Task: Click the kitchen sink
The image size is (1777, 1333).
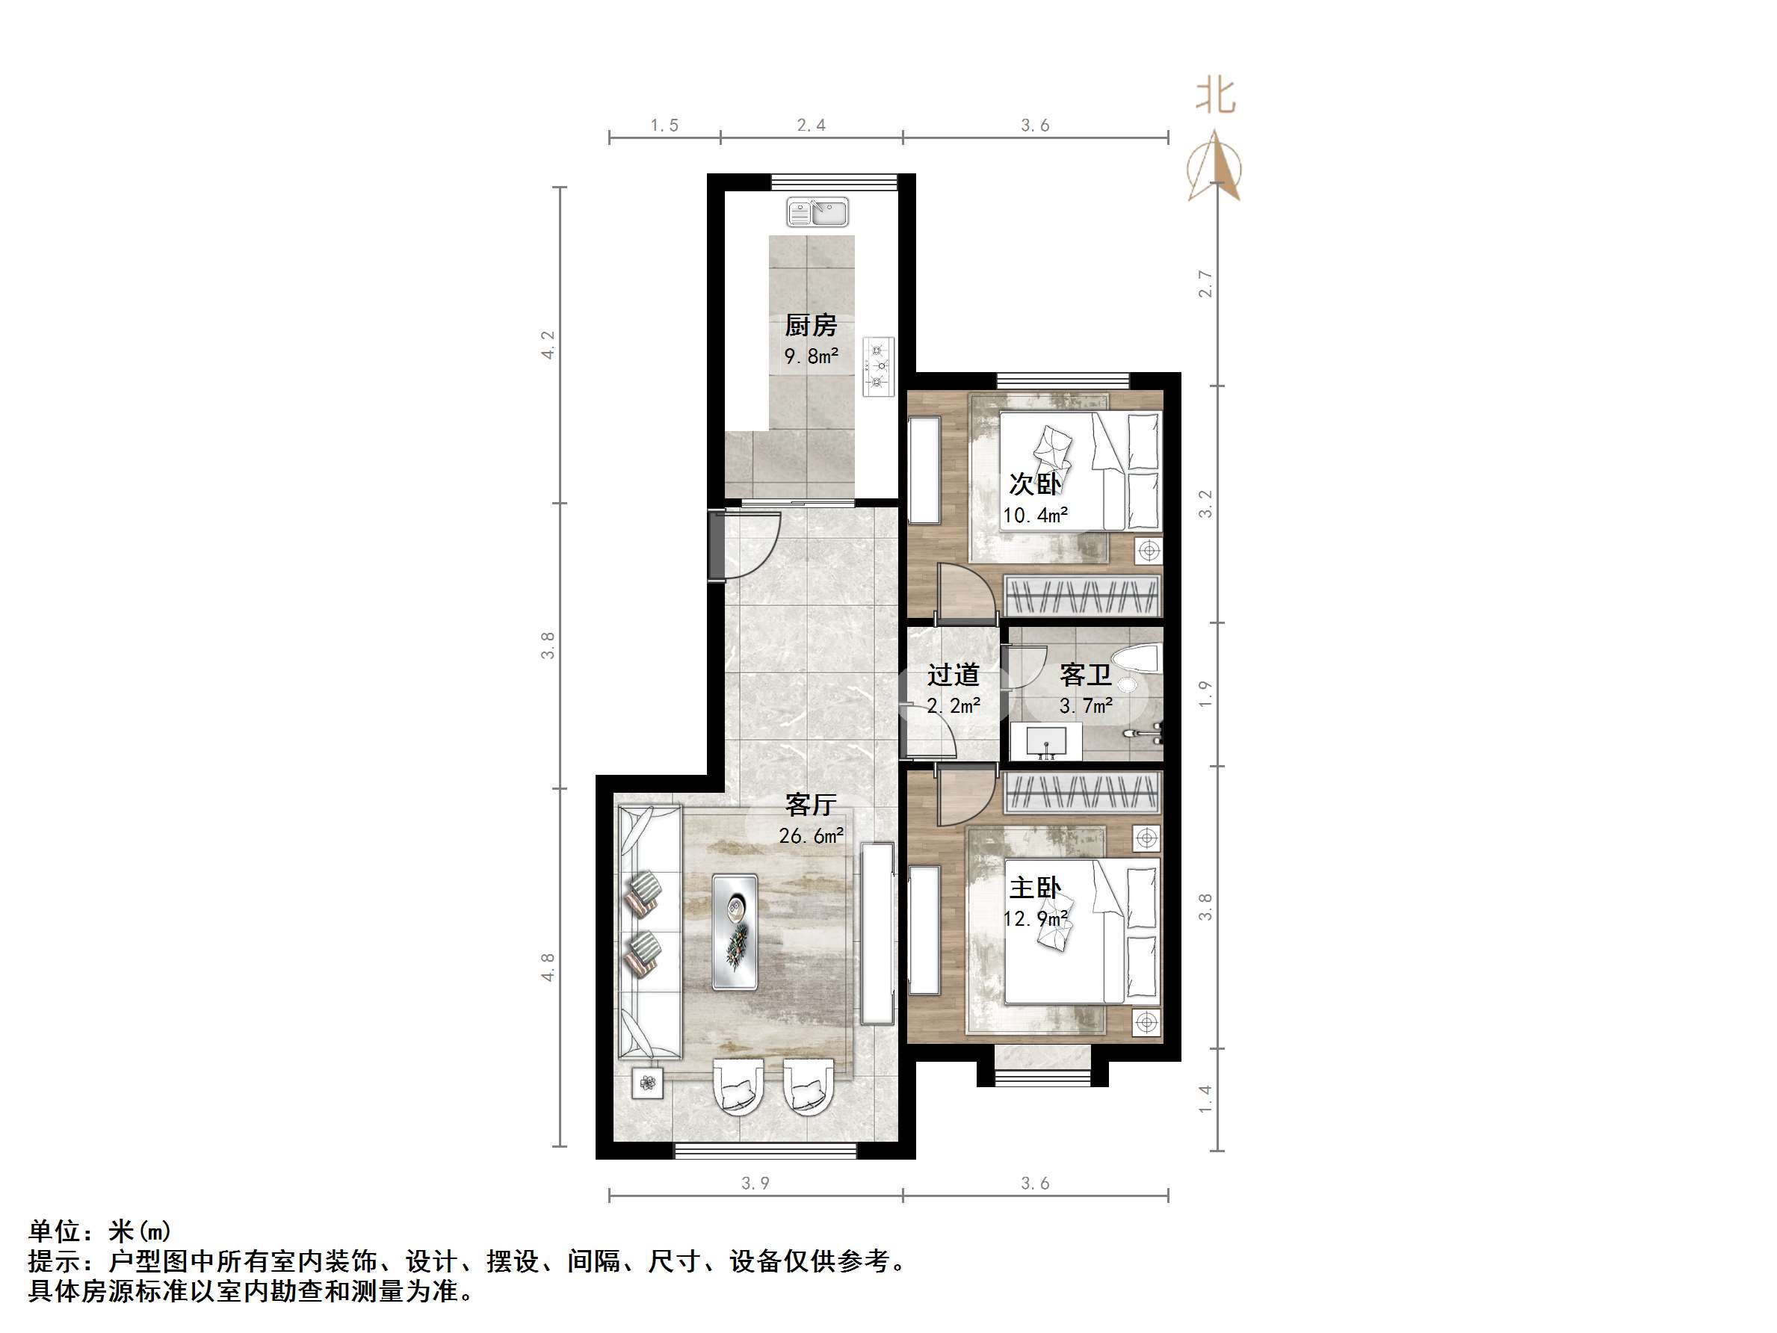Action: (x=817, y=213)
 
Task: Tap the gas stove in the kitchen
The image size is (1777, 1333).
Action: (x=878, y=365)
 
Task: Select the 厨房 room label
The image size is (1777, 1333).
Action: (x=811, y=326)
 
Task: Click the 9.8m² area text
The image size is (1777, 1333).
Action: (x=812, y=356)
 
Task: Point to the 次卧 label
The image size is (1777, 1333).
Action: (x=1035, y=483)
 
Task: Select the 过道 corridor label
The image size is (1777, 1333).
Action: (x=954, y=675)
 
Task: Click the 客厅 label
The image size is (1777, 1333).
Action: (x=811, y=804)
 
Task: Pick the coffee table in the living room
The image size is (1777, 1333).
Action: (x=735, y=932)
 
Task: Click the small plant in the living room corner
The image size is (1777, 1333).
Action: (x=647, y=1084)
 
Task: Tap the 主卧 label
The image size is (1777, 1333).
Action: (x=1035, y=888)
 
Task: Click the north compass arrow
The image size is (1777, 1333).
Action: (x=1216, y=169)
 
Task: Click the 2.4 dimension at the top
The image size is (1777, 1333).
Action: (x=812, y=125)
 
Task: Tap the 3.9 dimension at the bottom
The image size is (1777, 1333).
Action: (x=755, y=1183)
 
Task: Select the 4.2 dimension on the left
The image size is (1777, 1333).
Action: (x=548, y=345)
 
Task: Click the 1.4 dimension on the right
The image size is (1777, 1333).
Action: (x=1205, y=1099)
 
